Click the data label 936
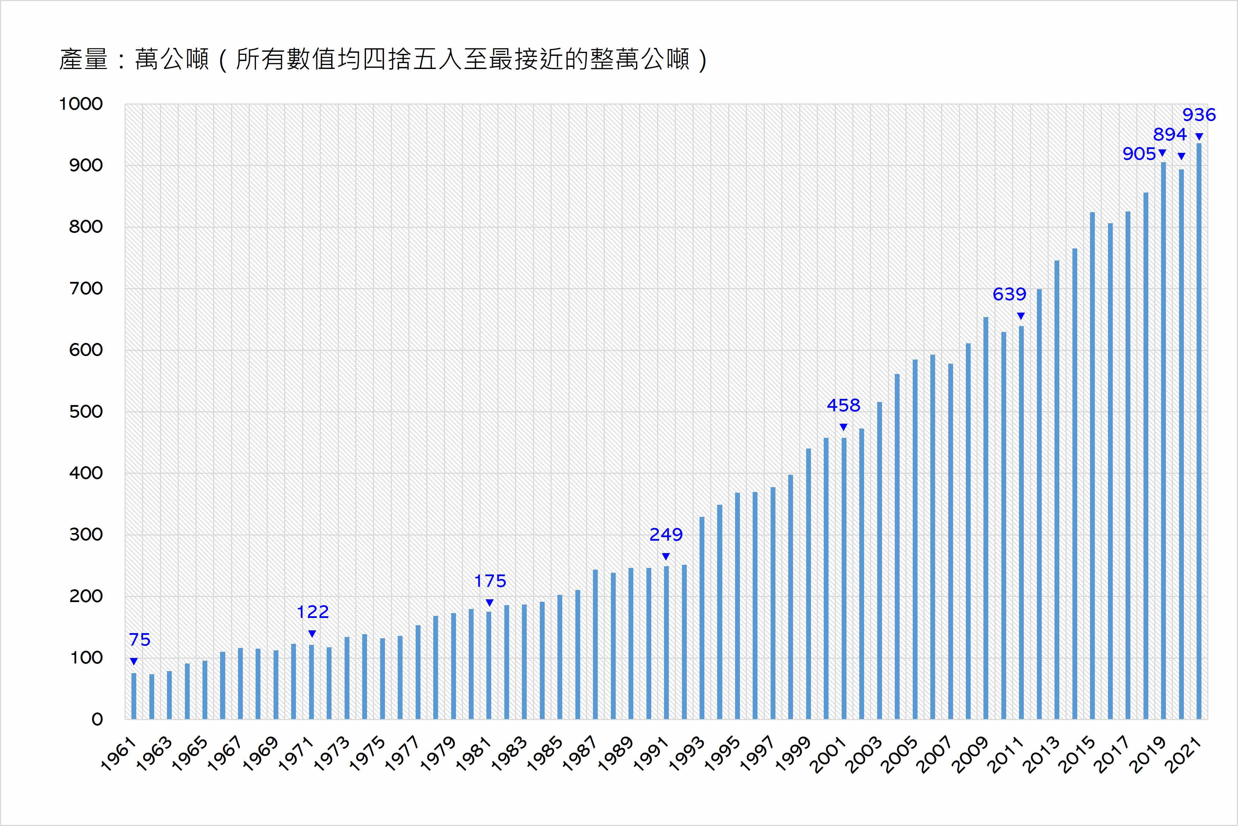(1199, 115)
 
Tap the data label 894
(1170, 134)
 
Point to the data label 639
(1009, 294)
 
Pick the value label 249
(666, 535)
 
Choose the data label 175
(490, 581)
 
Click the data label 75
(140, 640)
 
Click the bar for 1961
(134, 696)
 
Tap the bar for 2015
(1092, 466)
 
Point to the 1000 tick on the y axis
(81, 104)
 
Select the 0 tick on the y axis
(97, 719)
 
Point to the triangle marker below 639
(1021, 316)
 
